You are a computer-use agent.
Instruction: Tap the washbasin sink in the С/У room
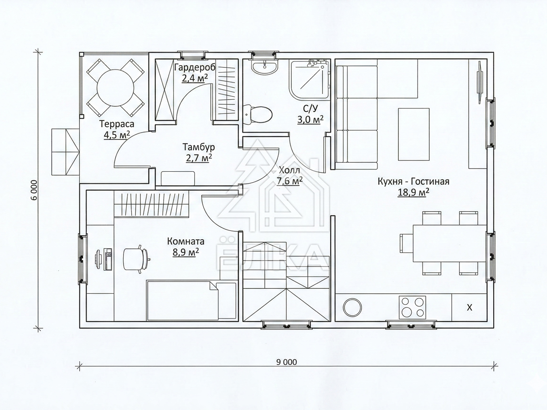click(264, 65)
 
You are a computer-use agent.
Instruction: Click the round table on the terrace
click(115, 88)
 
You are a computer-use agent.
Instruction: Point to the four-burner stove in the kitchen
click(413, 307)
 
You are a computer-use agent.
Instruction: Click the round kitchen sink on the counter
click(352, 307)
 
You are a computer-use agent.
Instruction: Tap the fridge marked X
click(469, 307)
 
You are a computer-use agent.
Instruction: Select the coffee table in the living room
click(414, 134)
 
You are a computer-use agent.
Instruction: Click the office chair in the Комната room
click(136, 259)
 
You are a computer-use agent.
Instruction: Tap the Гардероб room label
click(195, 67)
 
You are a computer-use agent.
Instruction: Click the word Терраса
click(117, 123)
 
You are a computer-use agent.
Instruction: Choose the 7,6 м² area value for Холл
click(289, 181)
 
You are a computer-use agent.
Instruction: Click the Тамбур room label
click(199, 147)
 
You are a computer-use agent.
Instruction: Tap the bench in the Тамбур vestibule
click(178, 178)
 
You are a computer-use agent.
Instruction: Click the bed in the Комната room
click(191, 300)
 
